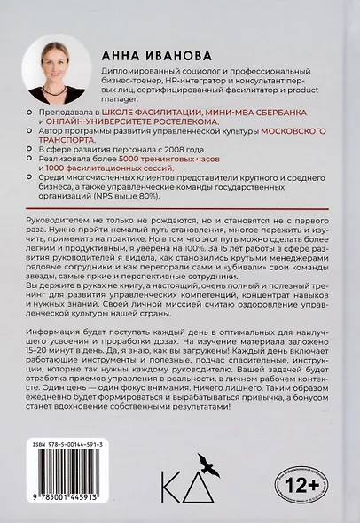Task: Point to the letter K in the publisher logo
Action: [x=172, y=489]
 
